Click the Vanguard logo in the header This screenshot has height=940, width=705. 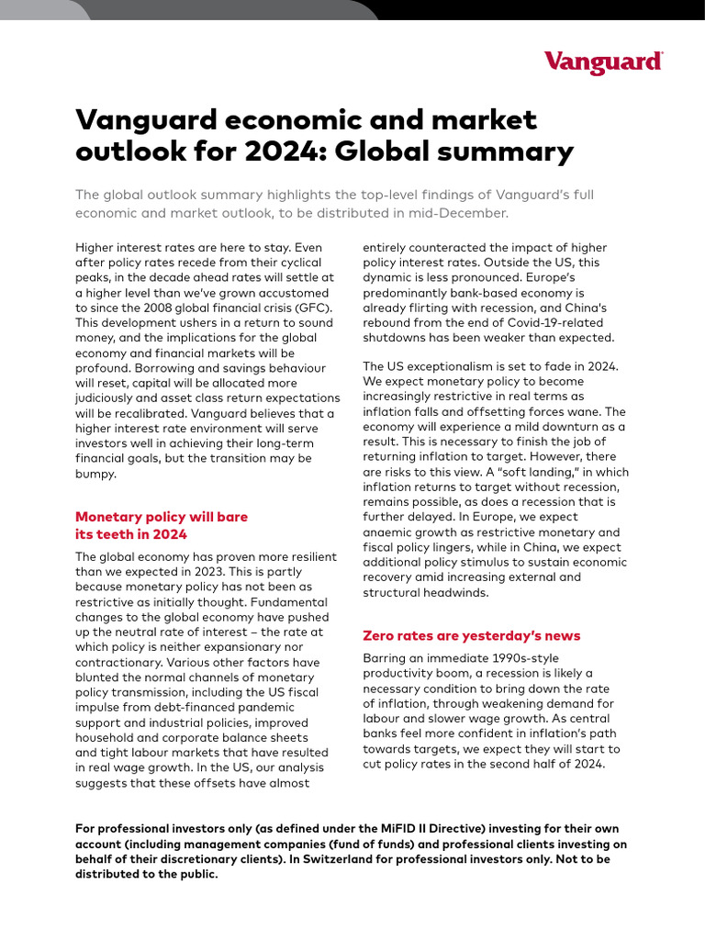pos(603,62)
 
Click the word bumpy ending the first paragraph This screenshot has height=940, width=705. pos(97,474)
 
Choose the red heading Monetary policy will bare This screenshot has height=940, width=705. pos(161,517)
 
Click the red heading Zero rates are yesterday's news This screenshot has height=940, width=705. pos(472,635)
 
